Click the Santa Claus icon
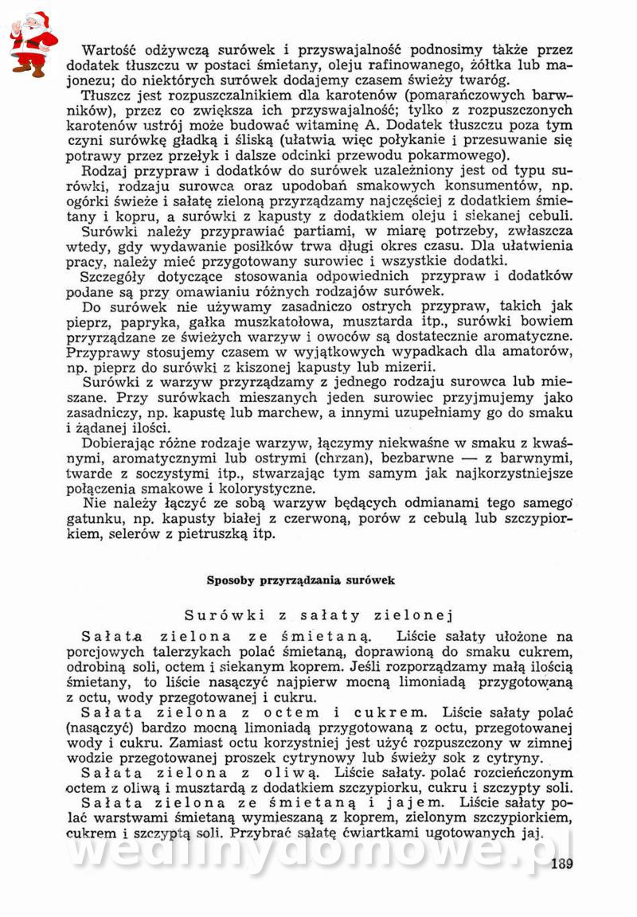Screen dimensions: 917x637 [x=33, y=44]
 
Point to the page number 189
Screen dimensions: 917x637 [x=561, y=867]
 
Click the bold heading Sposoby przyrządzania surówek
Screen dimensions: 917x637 [x=301, y=580]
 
